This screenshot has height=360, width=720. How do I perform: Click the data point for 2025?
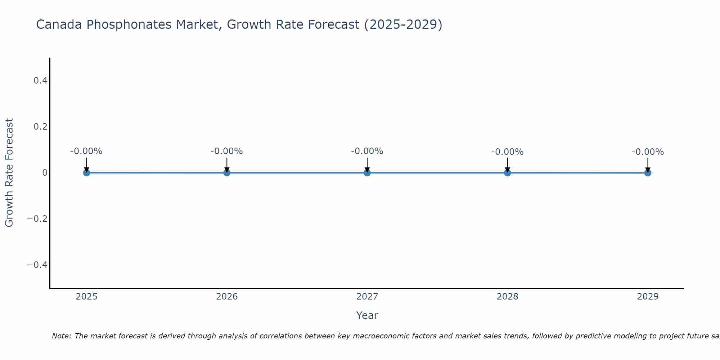point(86,172)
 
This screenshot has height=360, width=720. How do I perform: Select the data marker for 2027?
point(367,172)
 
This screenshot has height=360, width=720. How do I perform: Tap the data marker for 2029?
point(648,173)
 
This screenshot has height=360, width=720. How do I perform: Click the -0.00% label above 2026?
point(226,151)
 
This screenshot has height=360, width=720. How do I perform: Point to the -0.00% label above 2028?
point(507,152)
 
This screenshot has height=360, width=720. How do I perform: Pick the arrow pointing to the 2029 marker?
point(648,165)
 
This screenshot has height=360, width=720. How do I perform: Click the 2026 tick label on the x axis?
point(227,297)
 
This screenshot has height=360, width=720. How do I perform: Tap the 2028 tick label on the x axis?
point(507,297)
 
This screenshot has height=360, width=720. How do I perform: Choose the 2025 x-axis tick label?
point(87,297)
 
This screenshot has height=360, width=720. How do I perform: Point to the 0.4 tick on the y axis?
point(40,81)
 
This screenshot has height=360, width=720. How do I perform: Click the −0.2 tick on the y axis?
point(37,219)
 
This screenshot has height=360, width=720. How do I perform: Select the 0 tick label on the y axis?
point(45,173)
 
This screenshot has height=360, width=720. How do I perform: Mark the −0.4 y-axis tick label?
point(37,265)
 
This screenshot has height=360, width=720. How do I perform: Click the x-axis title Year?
point(367,315)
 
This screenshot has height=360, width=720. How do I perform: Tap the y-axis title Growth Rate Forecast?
point(9,172)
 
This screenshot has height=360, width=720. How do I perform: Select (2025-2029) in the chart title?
point(403,24)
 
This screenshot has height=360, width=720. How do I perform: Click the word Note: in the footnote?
point(62,336)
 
